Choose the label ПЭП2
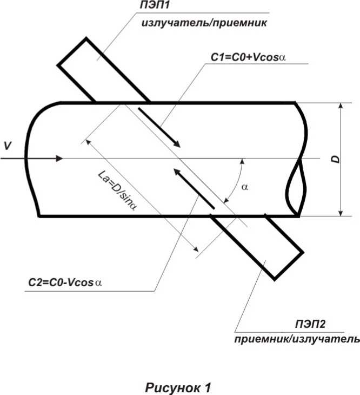(x=310, y=324)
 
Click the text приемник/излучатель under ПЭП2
(x=297, y=339)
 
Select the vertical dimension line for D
(x=341, y=159)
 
